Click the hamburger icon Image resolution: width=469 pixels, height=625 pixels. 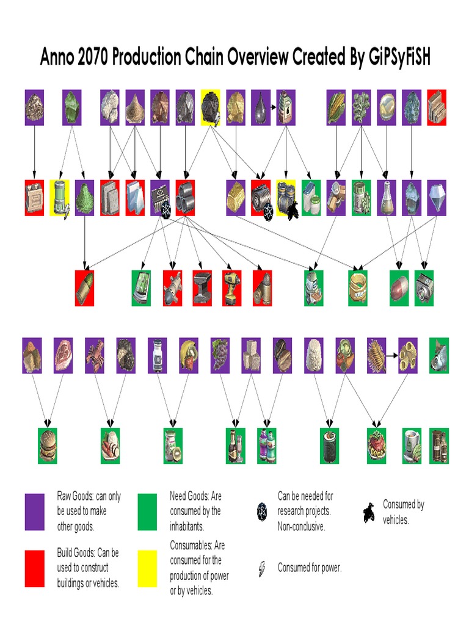coord(48,446)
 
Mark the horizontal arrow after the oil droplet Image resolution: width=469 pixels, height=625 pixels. coord(274,105)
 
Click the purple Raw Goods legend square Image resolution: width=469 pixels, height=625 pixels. coord(34,511)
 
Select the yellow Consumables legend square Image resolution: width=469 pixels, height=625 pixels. coord(147,568)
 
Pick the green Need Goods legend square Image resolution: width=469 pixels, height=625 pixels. coord(147,511)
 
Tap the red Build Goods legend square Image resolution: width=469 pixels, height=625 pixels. coord(34,568)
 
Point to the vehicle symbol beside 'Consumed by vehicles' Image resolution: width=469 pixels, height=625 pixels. coord(369,513)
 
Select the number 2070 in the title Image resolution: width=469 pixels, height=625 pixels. coord(94,58)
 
